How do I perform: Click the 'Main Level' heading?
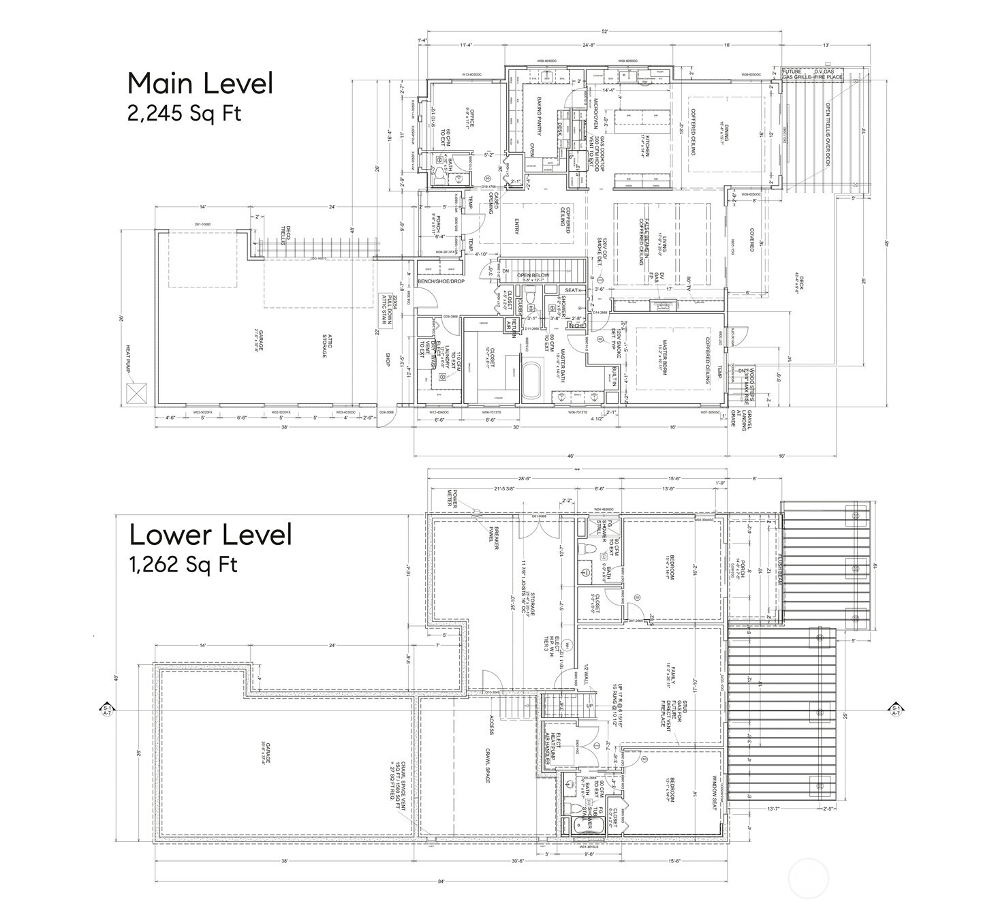(x=200, y=83)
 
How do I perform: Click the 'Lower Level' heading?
(x=211, y=535)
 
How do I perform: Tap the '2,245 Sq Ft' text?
(x=184, y=113)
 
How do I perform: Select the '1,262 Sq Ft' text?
(x=183, y=565)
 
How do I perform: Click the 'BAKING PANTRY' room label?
(x=538, y=115)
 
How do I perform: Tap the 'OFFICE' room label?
(x=470, y=117)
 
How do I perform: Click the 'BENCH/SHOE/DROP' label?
(x=441, y=281)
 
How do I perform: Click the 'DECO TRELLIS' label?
(x=289, y=235)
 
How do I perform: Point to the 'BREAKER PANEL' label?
(x=496, y=537)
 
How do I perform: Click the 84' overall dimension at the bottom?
(x=441, y=881)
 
